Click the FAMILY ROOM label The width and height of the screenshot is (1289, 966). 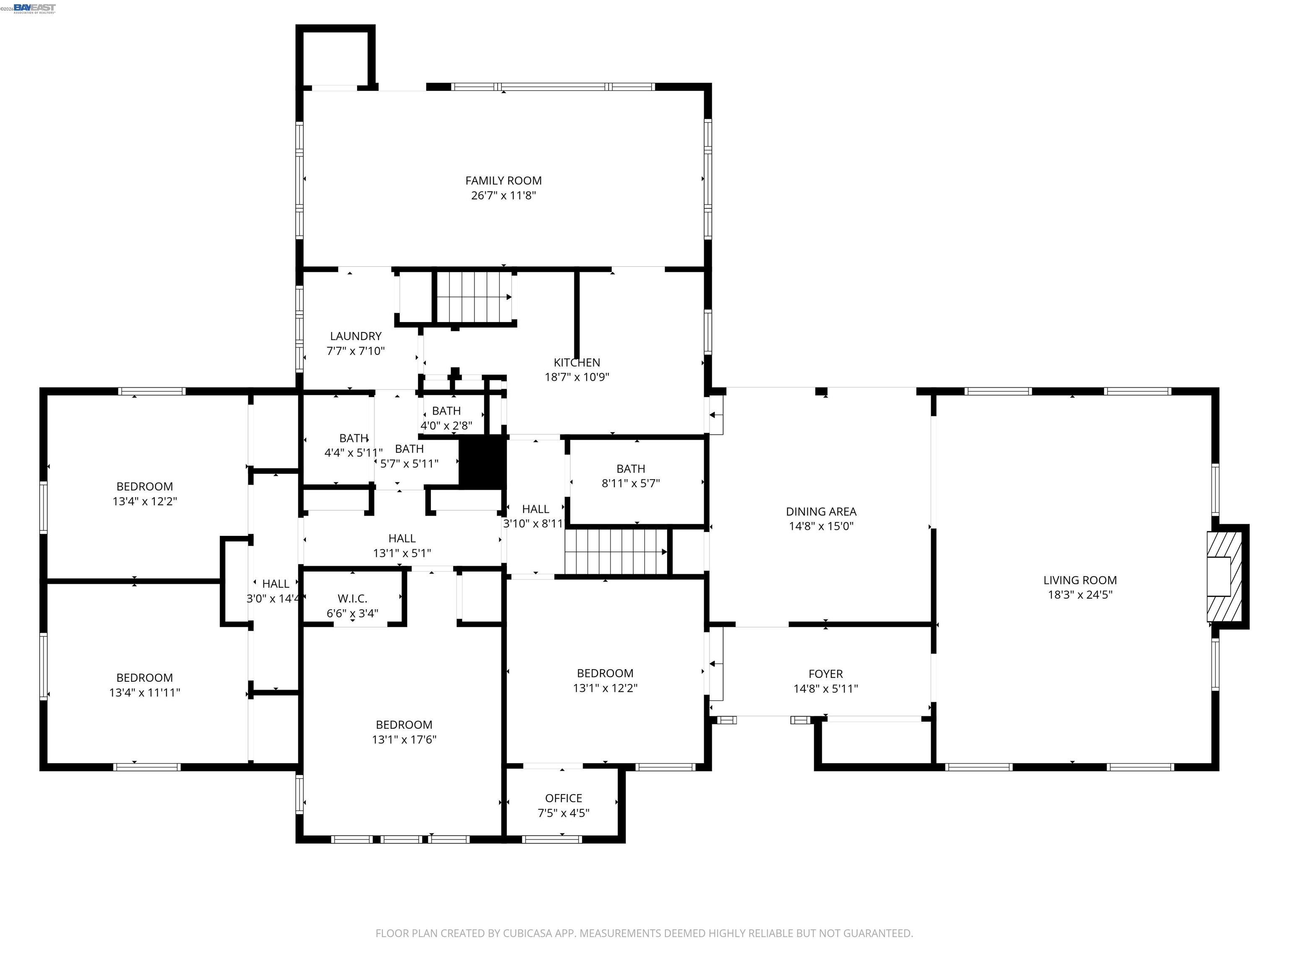click(x=503, y=181)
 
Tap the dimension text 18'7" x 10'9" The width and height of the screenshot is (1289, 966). click(x=577, y=377)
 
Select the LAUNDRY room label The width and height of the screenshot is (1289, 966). click(x=355, y=336)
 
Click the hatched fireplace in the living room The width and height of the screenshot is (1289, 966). click(x=1224, y=576)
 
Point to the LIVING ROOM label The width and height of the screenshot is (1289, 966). click(x=1079, y=580)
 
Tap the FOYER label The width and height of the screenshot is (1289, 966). click(x=825, y=674)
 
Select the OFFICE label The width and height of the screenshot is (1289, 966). click(x=563, y=798)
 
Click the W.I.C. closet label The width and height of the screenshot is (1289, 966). click(x=352, y=599)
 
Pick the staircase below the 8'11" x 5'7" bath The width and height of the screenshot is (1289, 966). click(x=616, y=551)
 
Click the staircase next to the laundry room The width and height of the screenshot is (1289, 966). click(x=474, y=296)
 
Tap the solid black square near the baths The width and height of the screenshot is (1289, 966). click(x=483, y=463)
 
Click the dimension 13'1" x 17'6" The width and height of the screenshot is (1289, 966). click(x=404, y=740)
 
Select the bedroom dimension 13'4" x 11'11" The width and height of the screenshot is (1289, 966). click(x=144, y=692)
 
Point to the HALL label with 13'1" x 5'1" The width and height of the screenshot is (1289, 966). click(x=402, y=539)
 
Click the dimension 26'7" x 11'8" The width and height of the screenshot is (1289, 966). click(x=503, y=196)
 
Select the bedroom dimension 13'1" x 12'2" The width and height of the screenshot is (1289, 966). click(x=605, y=688)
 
